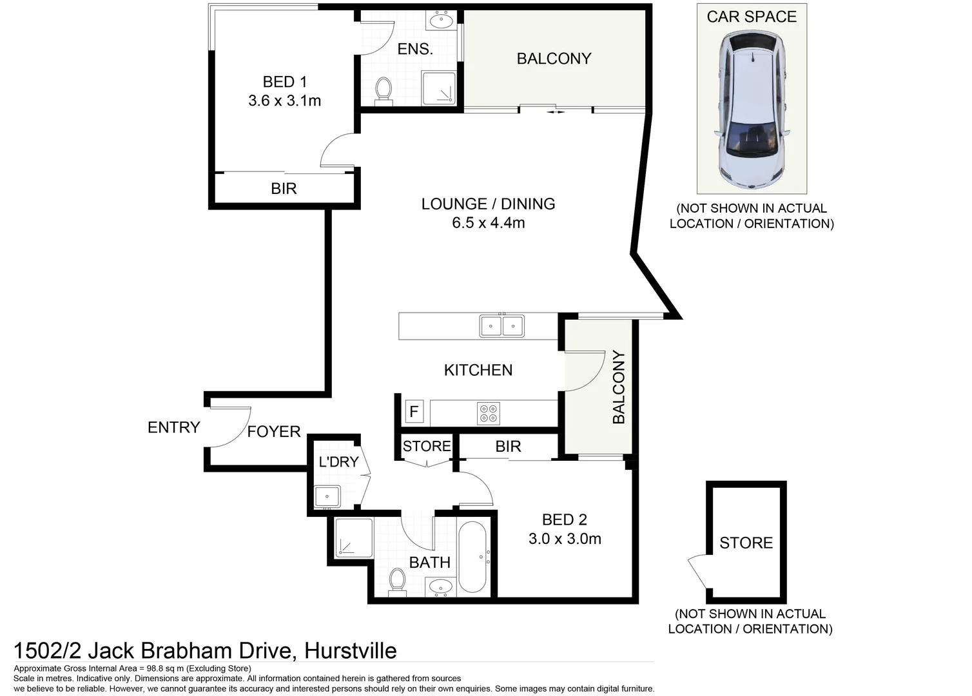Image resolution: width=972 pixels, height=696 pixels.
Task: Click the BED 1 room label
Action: coord(284,82)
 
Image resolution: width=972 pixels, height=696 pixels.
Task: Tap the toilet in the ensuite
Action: coord(384,91)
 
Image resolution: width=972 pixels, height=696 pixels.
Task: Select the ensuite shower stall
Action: coord(438,88)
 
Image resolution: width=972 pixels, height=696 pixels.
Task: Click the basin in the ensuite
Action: coord(441,21)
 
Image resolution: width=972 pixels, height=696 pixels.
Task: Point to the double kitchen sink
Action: coord(501,326)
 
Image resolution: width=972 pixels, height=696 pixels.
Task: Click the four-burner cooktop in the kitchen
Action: coord(489,413)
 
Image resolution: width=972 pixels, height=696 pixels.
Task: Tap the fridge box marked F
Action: coord(414,411)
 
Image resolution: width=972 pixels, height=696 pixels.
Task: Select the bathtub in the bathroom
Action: coord(472,557)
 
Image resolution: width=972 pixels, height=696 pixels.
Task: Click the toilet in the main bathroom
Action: coord(397,581)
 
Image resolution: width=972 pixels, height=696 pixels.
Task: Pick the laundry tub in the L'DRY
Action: coord(327,497)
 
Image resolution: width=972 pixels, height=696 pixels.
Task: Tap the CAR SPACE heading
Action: coord(752,17)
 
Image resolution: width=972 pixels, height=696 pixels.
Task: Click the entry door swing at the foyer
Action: coord(229,427)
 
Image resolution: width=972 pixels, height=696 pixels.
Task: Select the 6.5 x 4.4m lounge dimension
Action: coord(488,223)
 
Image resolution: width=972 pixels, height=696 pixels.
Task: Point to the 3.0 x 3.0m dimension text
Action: coord(565,539)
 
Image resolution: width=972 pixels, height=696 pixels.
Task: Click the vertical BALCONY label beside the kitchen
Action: coord(619,387)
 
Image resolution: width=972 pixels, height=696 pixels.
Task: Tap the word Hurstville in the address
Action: coord(350,650)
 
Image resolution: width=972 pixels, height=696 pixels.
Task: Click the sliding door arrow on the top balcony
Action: coord(556,112)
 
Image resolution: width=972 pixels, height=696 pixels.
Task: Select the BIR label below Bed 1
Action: coord(284,189)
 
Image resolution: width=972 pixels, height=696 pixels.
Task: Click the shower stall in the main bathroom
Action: coord(354,537)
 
